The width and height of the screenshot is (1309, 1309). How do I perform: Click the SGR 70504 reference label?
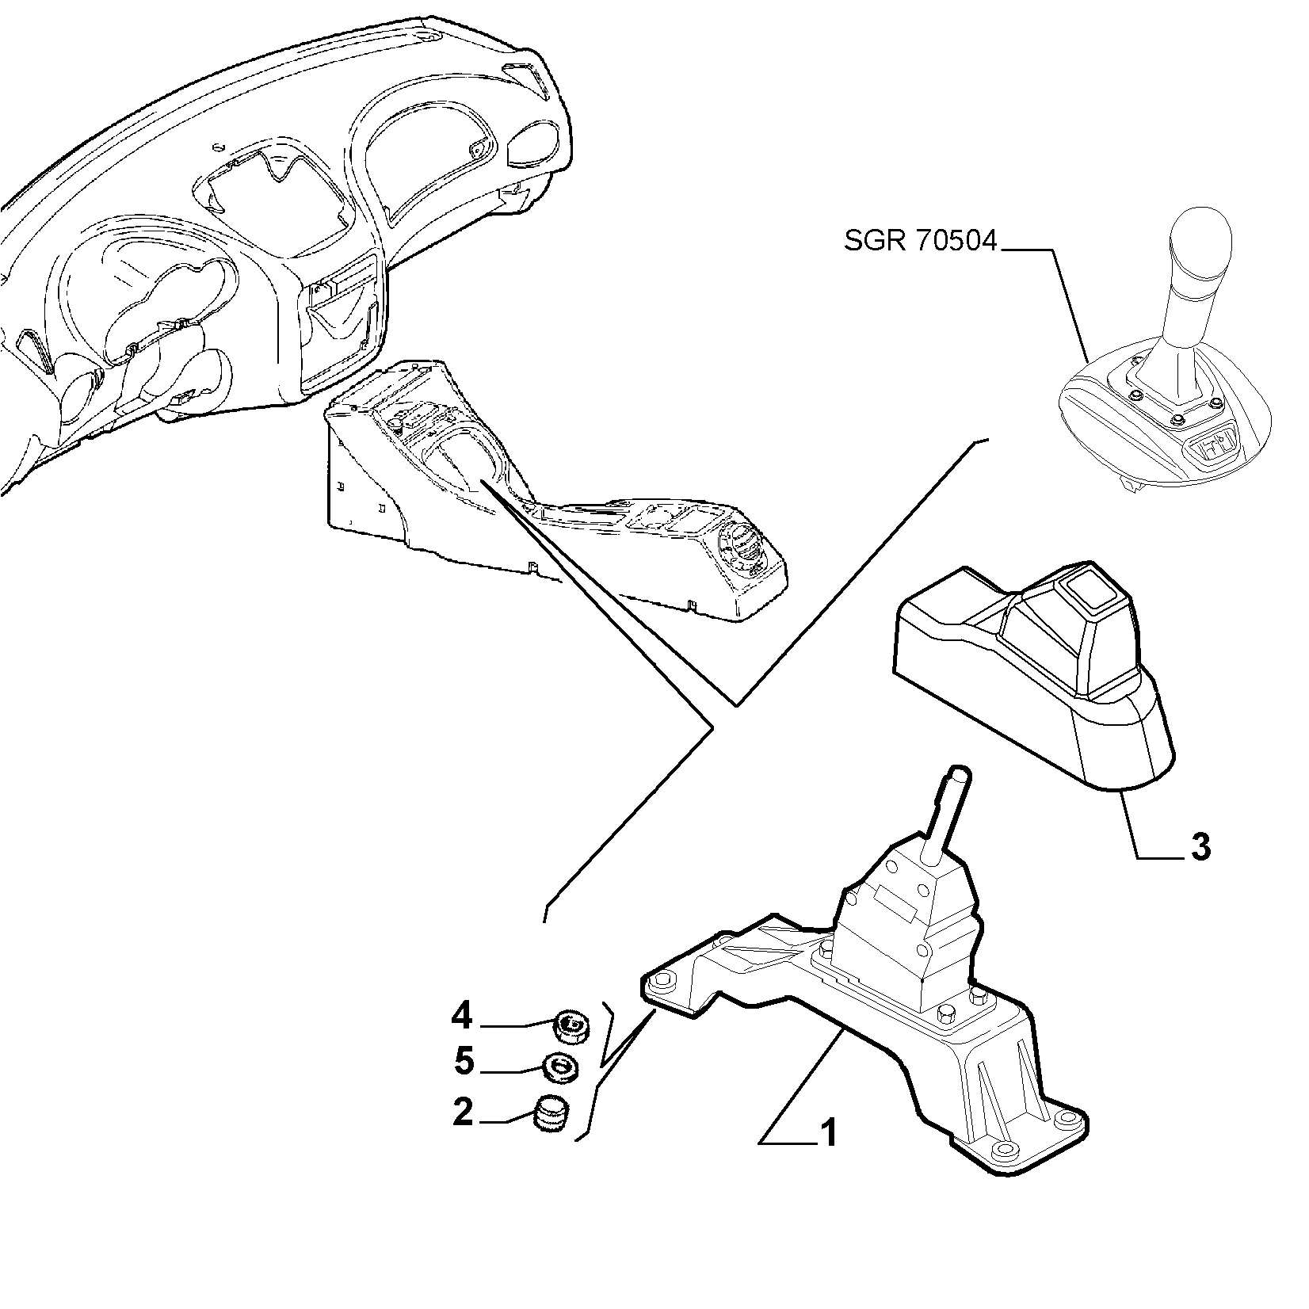coord(920,240)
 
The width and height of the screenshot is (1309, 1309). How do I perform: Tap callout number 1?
coord(827,1133)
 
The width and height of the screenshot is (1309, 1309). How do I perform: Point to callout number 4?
coord(462,1014)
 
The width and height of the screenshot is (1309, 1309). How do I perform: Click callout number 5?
coord(464,1062)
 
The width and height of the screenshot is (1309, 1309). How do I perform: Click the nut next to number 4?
coord(570,1027)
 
